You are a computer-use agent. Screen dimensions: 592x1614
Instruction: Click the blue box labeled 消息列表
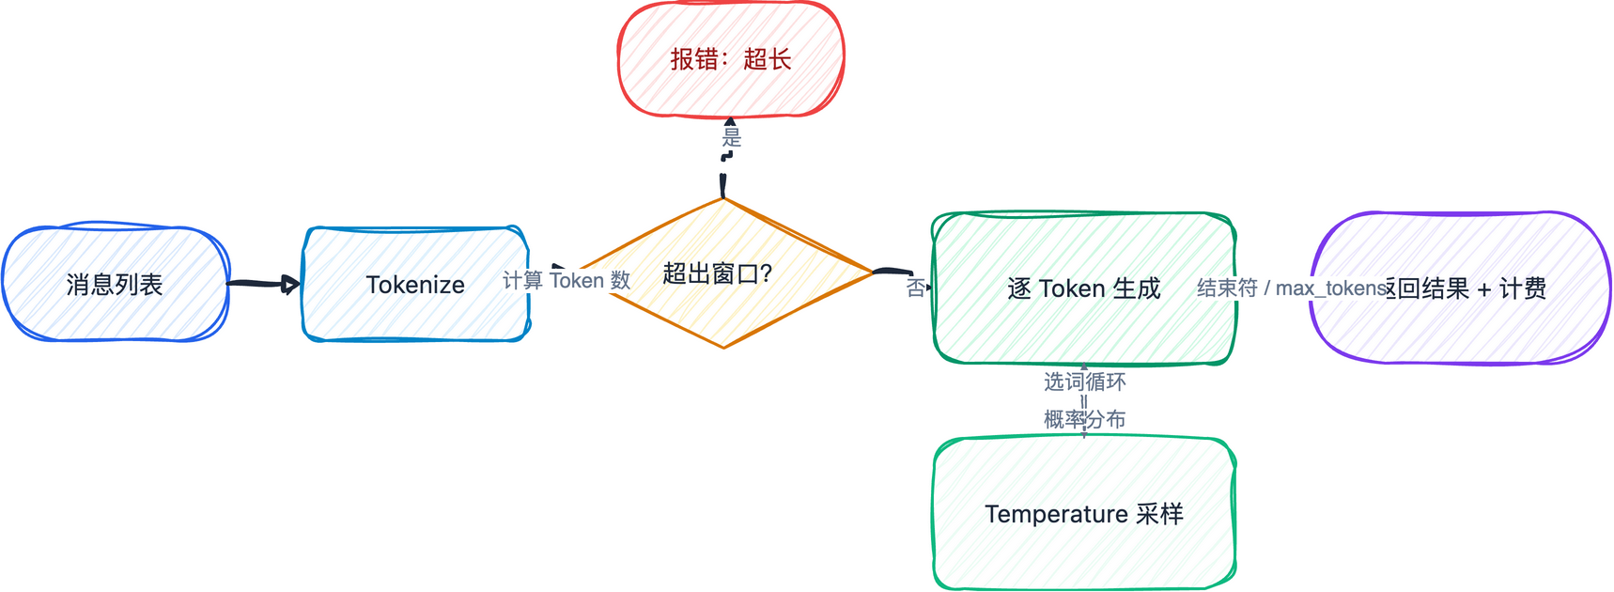[x=115, y=284]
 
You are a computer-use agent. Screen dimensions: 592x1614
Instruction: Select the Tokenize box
[x=415, y=284]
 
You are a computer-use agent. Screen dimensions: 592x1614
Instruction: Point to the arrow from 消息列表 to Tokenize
[x=263, y=283]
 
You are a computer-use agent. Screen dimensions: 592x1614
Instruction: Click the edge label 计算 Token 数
[x=566, y=280]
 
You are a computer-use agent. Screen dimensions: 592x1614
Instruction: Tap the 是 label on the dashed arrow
[x=732, y=138]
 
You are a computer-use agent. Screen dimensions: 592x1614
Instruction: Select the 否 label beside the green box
[x=915, y=288]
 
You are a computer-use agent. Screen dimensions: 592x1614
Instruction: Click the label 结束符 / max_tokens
[x=1293, y=288]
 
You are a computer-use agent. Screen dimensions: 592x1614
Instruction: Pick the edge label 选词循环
[x=1084, y=382]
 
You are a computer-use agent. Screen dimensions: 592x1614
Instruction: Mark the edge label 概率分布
[x=1084, y=419]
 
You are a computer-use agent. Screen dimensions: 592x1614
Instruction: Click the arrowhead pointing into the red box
[x=731, y=122]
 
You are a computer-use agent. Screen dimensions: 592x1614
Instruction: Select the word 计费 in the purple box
[x=1522, y=288]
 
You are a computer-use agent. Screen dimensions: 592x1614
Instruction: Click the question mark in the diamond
[x=766, y=273]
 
